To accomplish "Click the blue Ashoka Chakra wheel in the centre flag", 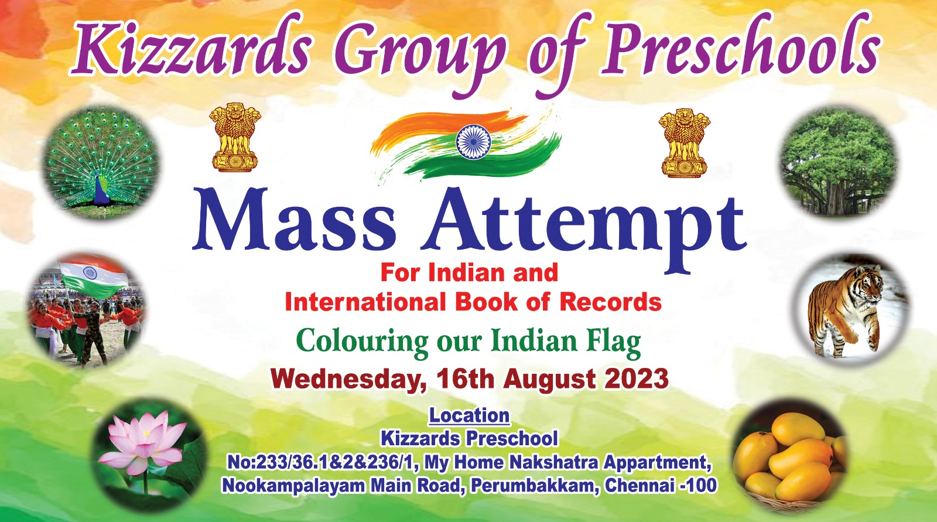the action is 473,142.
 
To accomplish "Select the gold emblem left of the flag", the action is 235,138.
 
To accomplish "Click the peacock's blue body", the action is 101,190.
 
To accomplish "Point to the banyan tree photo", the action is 838,161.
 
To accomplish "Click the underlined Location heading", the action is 469,416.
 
